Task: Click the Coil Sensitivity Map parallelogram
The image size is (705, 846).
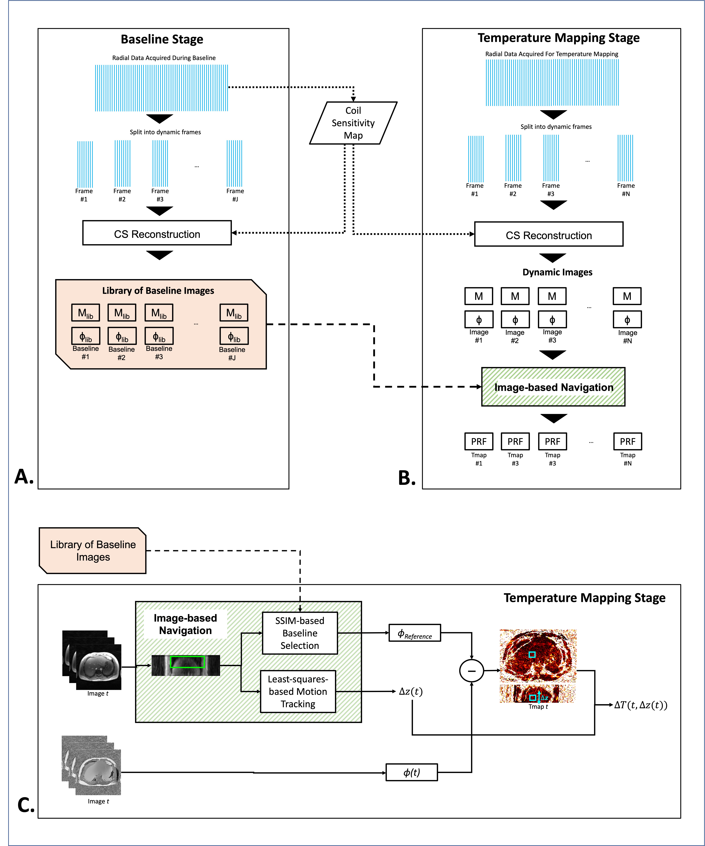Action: click(353, 123)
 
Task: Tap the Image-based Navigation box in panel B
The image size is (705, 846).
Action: click(553, 387)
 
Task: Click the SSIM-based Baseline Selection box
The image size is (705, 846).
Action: click(300, 633)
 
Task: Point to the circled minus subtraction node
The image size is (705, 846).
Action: click(471, 671)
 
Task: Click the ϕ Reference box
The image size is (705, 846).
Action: click(415, 633)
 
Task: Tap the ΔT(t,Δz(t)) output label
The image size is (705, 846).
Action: click(641, 705)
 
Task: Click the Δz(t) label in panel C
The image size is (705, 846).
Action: click(411, 691)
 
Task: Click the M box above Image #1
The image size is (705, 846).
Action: click(479, 296)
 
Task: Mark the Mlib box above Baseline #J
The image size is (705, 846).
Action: click(234, 313)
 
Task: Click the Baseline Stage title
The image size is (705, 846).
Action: click(162, 39)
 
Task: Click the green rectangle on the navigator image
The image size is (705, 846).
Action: click(187, 662)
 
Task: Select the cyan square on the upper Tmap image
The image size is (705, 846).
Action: click(532, 655)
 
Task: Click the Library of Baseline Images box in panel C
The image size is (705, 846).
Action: click(93, 550)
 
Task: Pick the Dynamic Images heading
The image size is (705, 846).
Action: click(557, 272)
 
